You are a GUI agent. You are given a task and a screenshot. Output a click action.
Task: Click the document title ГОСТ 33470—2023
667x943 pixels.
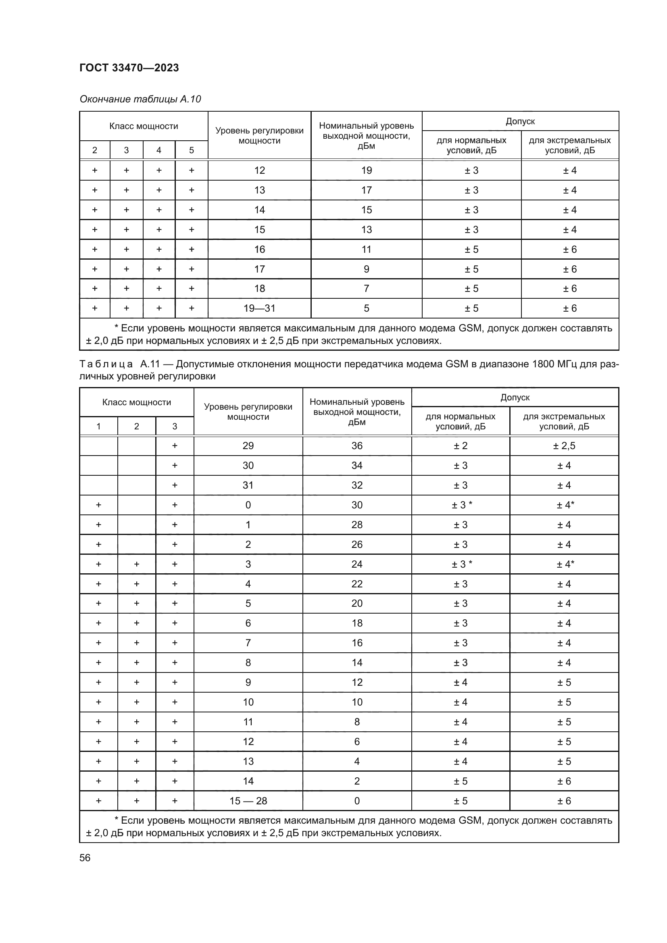pyautogui.click(x=129, y=68)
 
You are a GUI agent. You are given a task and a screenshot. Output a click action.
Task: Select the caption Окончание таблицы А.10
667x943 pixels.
pyautogui.click(x=140, y=99)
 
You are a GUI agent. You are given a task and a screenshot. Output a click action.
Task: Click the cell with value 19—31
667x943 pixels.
pyautogui.click(x=259, y=308)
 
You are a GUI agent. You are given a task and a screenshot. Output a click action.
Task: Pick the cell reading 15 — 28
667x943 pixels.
pyautogui.click(x=248, y=801)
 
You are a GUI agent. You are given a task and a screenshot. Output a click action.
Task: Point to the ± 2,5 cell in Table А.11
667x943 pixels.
pyautogui.click(x=564, y=445)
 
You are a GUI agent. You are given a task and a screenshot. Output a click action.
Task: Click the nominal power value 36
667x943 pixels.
pyautogui.click(x=356, y=445)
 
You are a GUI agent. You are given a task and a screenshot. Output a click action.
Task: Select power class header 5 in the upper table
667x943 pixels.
pyautogui.click(x=192, y=150)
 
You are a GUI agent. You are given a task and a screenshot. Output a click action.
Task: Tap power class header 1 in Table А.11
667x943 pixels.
pyautogui.click(x=98, y=426)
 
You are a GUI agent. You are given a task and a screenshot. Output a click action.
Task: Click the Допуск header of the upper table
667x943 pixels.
pyautogui.click(x=520, y=121)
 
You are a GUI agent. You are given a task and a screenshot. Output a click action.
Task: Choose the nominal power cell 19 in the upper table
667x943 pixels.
pyautogui.click(x=366, y=170)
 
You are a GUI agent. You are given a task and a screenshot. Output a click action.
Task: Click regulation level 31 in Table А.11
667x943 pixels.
pyautogui.click(x=248, y=485)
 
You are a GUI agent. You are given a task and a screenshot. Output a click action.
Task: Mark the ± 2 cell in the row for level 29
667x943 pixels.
pyautogui.click(x=461, y=445)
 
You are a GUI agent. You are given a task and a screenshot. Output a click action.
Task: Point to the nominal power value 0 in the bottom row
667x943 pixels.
pyautogui.click(x=356, y=801)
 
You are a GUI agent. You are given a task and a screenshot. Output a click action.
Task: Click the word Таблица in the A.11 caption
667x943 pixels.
pyautogui.click(x=106, y=364)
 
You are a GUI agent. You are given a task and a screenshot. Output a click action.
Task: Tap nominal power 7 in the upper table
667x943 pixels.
pyautogui.click(x=366, y=288)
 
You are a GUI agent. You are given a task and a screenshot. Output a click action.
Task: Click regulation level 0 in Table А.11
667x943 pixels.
pyautogui.click(x=248, y=505)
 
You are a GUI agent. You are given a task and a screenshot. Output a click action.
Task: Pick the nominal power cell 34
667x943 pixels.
pyautogui.click(x=356, y=465)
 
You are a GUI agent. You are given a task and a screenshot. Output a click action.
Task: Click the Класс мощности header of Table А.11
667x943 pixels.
pyautogui.click(x=136, y=402)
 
